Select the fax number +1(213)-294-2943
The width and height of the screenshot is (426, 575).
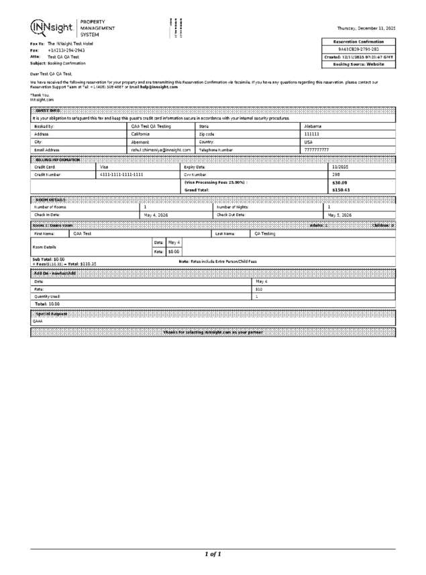click(66, 51)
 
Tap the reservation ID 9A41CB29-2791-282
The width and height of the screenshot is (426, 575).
click(359, 49)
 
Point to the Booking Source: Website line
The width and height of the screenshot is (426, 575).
click(359, 64)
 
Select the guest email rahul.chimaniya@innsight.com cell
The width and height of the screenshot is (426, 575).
click(161, 150)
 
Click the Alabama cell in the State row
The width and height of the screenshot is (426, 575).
click(313, 126)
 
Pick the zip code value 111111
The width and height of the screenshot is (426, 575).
click(312, 134)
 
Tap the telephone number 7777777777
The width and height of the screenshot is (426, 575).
click(317, 150)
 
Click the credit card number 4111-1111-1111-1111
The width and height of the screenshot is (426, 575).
click(121, 174)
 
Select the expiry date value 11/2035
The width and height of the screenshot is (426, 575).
click(340, 166)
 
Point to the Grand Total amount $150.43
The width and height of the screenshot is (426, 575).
click(341, 190)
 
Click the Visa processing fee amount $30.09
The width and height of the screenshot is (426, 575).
click(339, 182)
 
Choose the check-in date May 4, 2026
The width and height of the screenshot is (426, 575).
click(156, 215)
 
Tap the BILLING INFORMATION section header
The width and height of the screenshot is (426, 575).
click(57, 159)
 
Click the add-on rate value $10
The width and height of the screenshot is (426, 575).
click(259, 289)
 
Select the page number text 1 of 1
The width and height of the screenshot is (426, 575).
click(213, 554)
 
